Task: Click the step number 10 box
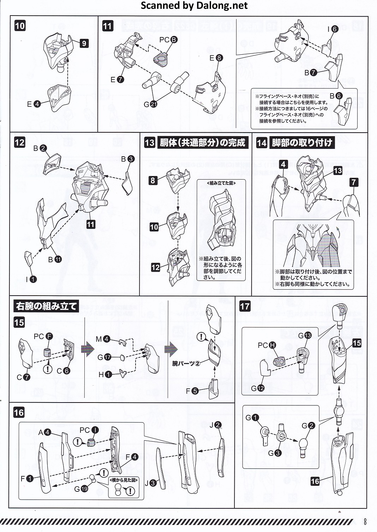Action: (20, 25)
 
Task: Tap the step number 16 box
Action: (19, 412)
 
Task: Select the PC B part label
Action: (168, 40)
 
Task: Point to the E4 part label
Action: (34, 104)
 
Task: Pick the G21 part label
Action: (150, 104)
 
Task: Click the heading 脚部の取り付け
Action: (302, 143)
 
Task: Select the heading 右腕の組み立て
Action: (46, 306)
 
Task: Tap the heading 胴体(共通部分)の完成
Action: (202, 143)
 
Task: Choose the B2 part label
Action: (40, 149)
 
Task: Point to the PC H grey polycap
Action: (280, 361)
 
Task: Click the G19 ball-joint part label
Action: (81, 489)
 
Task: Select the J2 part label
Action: (215, 425)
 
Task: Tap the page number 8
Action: (365, 521)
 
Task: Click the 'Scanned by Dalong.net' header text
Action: (194, 6)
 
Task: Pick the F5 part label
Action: (192, 391)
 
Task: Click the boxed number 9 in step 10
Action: (84, 43)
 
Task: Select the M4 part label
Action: (103, 339)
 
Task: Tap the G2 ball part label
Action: (308, 426)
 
